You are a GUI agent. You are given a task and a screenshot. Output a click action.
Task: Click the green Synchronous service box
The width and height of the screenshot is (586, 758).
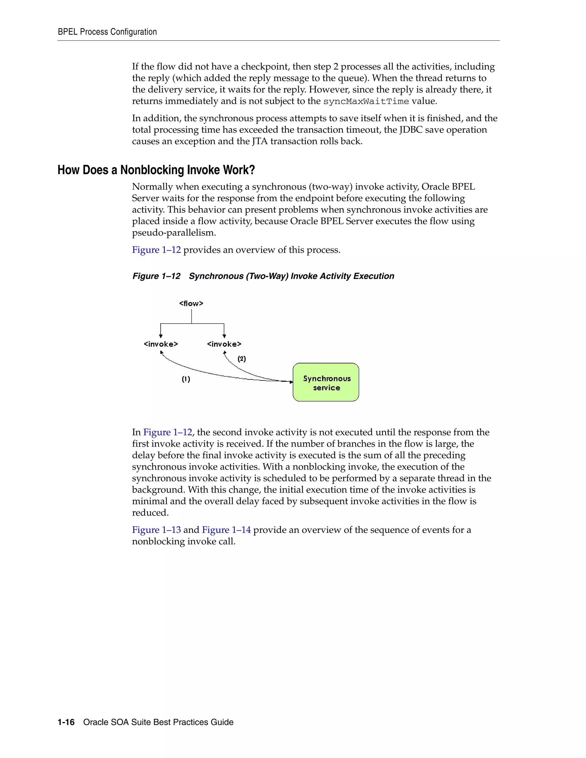tap(326, 382)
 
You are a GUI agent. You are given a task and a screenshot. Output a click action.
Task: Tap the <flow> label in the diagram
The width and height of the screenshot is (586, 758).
tap(191, 303)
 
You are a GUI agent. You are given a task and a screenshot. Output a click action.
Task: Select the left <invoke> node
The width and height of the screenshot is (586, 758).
tap(161, 344)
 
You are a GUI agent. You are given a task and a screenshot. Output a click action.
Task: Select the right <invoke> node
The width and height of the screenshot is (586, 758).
tap(224, 344)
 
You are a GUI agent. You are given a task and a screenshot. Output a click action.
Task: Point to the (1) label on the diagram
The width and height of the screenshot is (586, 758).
tap(186, 379)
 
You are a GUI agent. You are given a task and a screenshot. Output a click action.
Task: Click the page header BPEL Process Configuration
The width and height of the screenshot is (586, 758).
tap(107, 32)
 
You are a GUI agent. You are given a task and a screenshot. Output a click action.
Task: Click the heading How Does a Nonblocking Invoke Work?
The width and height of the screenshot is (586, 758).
tap(156, 170)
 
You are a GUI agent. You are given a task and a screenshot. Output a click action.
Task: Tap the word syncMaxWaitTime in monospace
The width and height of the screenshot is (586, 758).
tap(366, 101)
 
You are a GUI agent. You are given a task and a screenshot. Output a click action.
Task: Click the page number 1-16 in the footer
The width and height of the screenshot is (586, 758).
tap(66, 722)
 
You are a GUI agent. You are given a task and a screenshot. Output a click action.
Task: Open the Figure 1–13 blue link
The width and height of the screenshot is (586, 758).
tap(156, 530)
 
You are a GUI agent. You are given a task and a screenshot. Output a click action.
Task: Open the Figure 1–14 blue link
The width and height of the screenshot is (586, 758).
tap(226, 530)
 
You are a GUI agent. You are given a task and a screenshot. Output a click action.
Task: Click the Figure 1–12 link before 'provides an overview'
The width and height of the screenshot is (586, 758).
tap(156, 250)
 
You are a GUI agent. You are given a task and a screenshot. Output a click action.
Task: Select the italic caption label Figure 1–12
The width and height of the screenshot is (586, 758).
tap(156, 276)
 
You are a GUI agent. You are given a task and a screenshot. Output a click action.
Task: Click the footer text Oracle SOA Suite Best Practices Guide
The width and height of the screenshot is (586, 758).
tap(158, 722)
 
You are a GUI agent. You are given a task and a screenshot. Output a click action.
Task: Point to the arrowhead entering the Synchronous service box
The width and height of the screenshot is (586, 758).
tap(291, 382)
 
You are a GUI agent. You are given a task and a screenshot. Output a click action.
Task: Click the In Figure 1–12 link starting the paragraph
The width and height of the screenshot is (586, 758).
tap(167, 432)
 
